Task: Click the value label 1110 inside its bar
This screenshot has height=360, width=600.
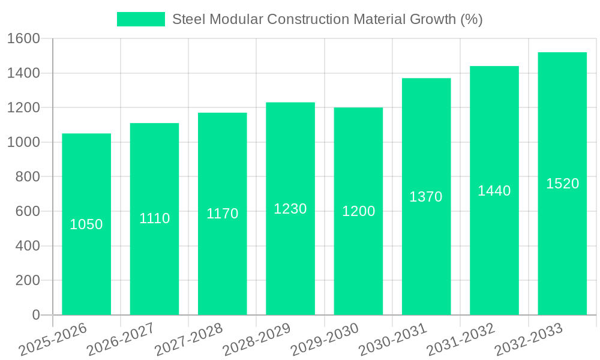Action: pyautogui.click(x=154, y=218)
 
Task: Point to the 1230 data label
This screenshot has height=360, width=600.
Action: pyautogui.click(x=290, y=209)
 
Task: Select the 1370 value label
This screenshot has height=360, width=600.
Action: pyautogui.click(x=426, y=197)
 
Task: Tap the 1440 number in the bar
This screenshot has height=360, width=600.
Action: pyautogui.click(x=494, y=191)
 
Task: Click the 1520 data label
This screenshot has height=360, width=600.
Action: pyautogui.click(x=562, y=184)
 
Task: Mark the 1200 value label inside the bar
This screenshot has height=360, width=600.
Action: pyautogui.click(x=358, y=211)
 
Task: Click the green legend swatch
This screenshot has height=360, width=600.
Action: pyautogui.click(x=141, y=19)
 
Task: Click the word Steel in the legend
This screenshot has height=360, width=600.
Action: pyautogui.click(x=188, y=19)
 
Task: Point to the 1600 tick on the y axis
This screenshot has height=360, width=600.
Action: pyautogui.click(x=23, y=38)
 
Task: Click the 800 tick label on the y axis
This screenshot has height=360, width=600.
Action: pyautogui.click(x=27, y=177)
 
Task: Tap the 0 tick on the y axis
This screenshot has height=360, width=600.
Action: pyautogui.click(x=35, y=315)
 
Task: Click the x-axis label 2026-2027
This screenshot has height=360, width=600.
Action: pyautogui.click(x=121, y=340)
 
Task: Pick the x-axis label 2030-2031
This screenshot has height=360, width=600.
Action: pyautogui.click(x=392, y=340)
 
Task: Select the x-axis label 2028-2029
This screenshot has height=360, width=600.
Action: pyautogui.click(x=257, y=340)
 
